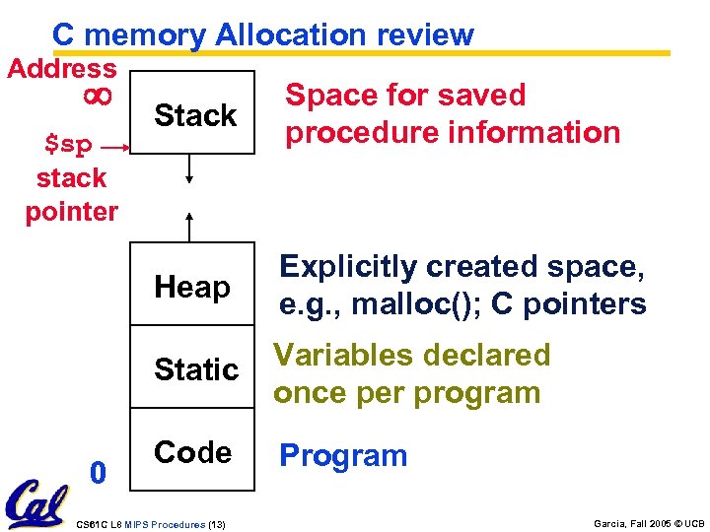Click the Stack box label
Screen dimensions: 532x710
(195, 115)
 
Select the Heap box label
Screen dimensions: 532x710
(192, 287)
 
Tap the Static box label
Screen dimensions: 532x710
(196, 369)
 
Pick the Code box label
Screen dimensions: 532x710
(192, 452)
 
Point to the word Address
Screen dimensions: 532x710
(61, 69)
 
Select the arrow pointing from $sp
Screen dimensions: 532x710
(114, 147)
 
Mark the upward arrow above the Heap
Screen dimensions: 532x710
(190, 225)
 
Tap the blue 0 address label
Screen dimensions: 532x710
(97, 474)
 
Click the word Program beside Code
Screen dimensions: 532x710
(343, 455)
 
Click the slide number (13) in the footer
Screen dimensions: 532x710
(216, 524)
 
